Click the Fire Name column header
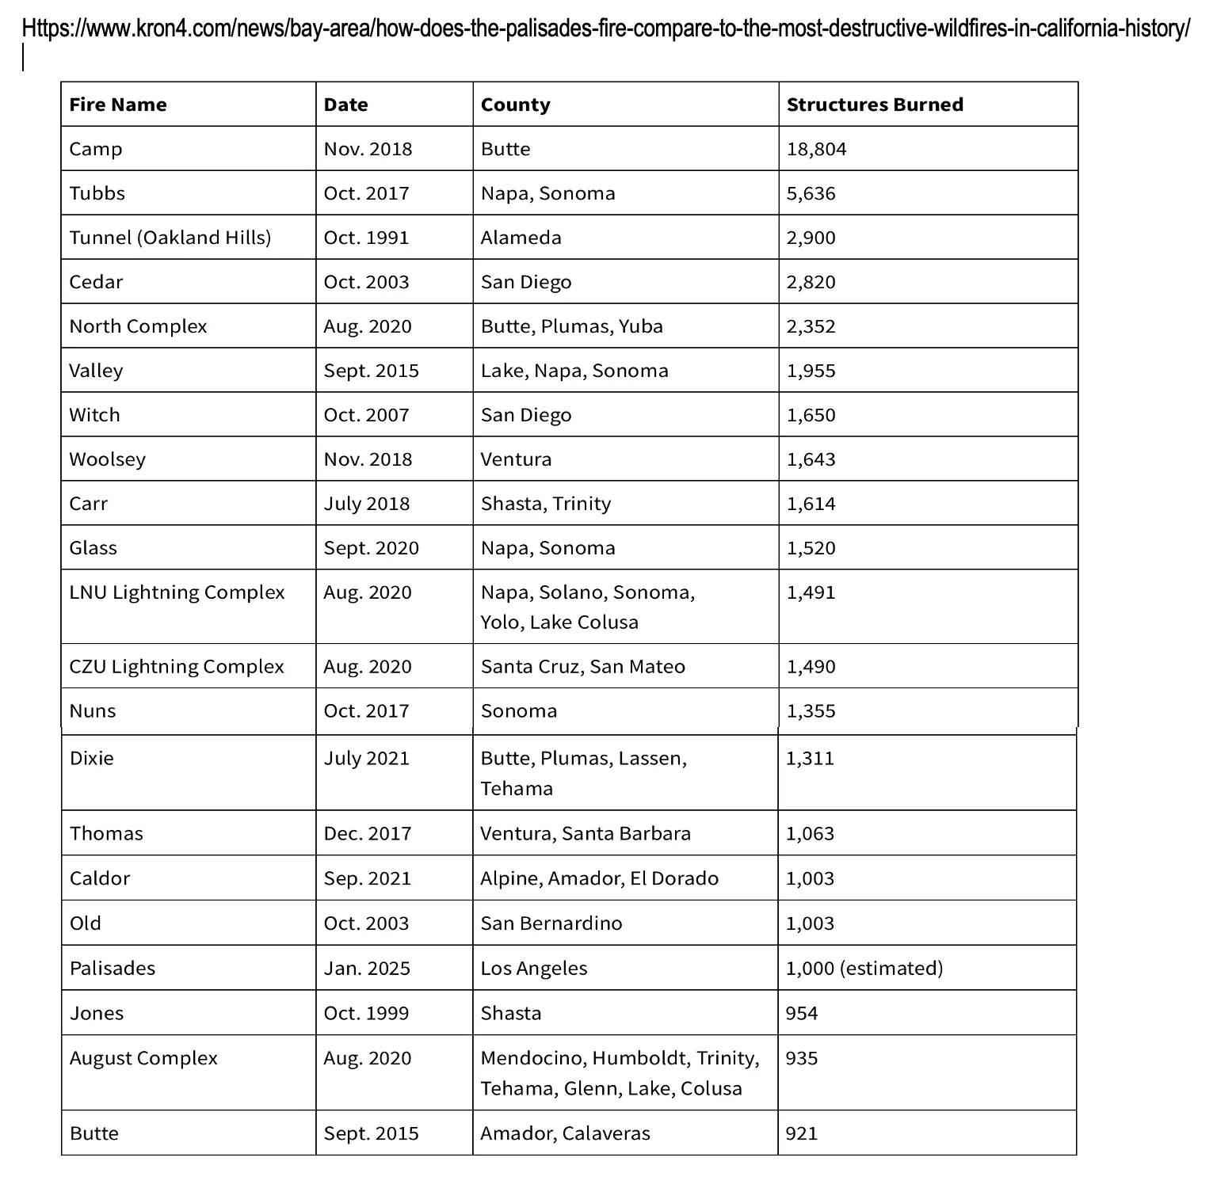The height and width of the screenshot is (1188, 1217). tap(118, 105)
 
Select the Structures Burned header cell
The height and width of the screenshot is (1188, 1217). tap(875, 105)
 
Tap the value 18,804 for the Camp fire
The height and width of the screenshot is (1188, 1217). tap(816, 149)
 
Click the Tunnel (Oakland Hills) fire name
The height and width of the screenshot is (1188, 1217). tap(170, 238)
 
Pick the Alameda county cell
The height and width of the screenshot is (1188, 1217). tap(521, 238)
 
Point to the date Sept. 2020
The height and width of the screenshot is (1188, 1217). tap(371, 548)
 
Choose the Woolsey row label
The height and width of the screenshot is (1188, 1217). tap(107, 459)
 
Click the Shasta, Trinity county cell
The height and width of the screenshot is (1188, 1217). tap(546, 504)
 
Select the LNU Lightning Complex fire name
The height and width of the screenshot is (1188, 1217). tap(177, 592)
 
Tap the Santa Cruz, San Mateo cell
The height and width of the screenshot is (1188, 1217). tap(582, 666)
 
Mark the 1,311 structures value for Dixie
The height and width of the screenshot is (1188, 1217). tap(810, 758)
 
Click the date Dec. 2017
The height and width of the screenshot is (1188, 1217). tap(368, 833)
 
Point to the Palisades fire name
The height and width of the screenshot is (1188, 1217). tap(113, 968)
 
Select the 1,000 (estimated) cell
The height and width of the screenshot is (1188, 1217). tap(864, 968)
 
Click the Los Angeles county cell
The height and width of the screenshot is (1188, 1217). tap(534, 968)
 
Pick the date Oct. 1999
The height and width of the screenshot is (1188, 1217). tap(366, 1013)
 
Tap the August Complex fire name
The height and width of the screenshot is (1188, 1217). tap(143, 1058)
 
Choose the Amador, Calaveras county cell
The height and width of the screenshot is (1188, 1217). tap(565, 1133)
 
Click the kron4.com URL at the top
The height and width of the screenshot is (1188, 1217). tap(605, 29)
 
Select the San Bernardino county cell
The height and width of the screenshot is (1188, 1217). tap(551, 923)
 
